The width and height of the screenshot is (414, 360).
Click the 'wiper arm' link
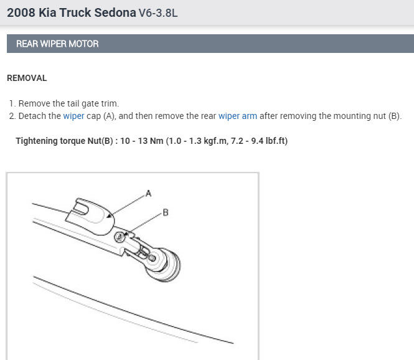[238, 116]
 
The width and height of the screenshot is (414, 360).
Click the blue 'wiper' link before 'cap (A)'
[73, 116]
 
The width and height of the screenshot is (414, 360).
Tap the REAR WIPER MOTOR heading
[57, 44]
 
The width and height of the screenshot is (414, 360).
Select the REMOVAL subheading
[27, 78]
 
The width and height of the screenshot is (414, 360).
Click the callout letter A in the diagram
[148, 193]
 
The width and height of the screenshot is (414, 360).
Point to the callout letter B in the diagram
[166, 212]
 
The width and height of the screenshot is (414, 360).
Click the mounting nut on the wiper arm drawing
[120, 237]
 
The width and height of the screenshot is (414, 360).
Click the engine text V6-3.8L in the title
[158, 13]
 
